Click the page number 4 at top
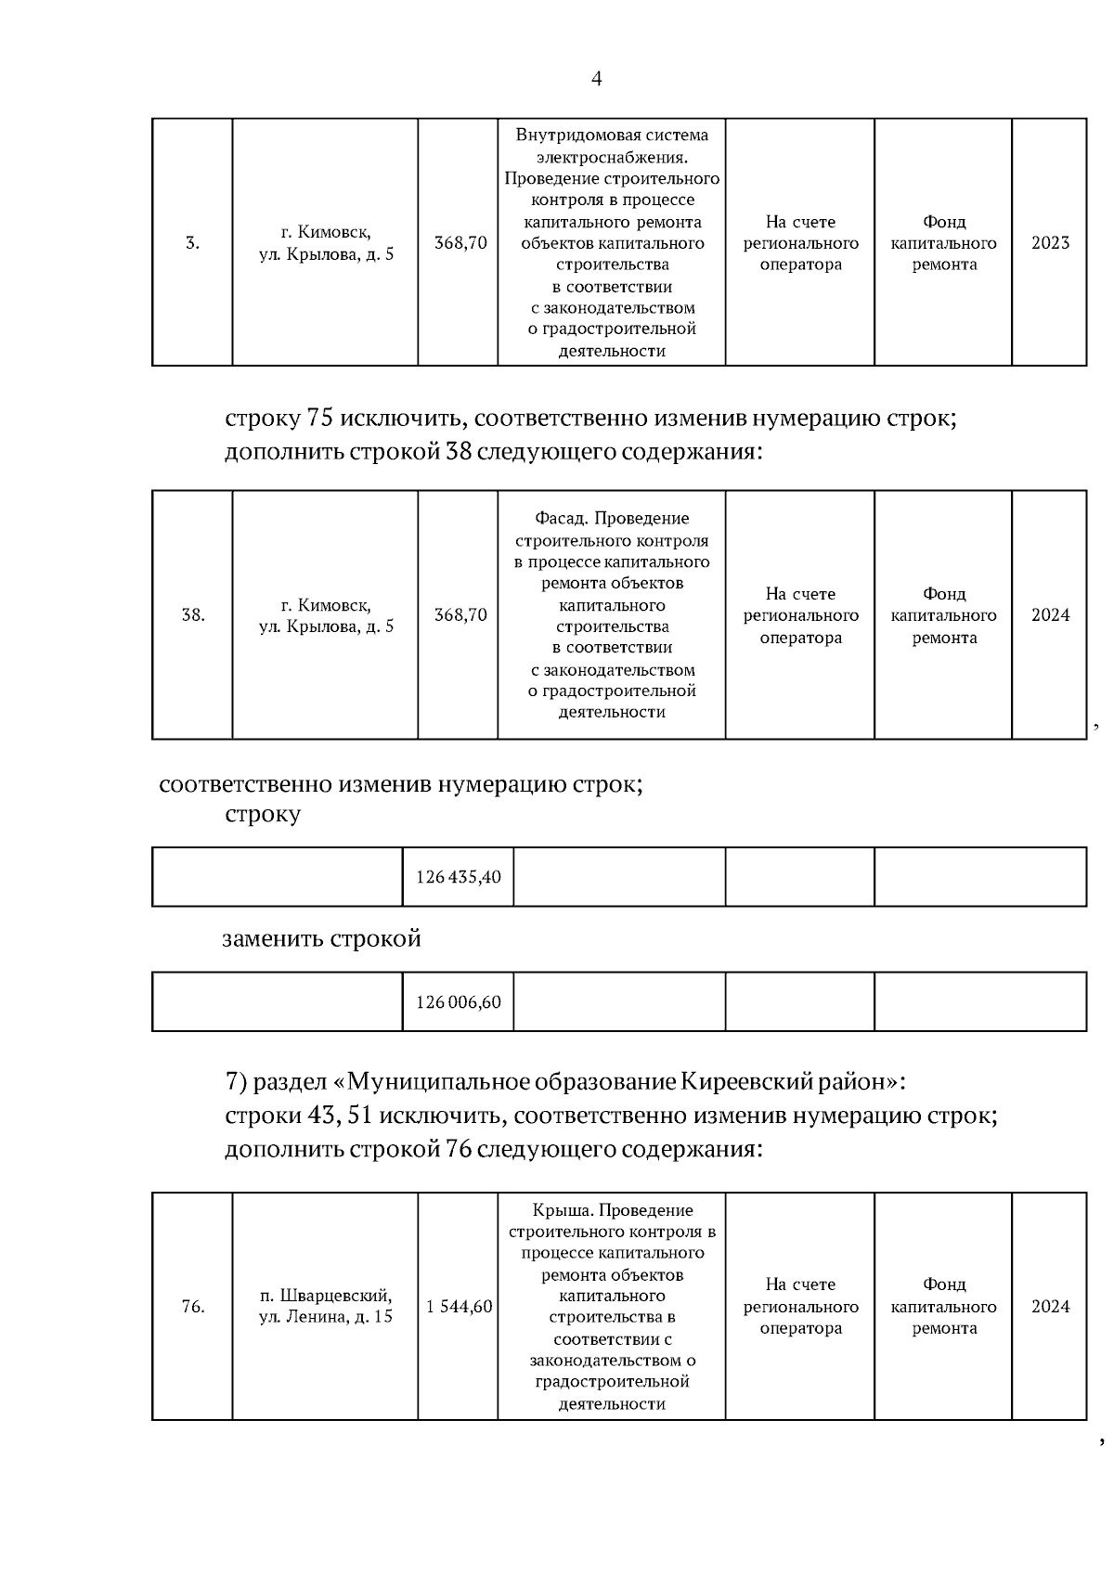596,79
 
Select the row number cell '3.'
192,243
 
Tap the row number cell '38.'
192,615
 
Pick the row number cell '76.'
192,1307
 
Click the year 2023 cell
1050,243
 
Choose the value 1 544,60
460,1307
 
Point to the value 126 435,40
459,877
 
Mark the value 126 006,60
459,1002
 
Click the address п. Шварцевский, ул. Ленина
325,1307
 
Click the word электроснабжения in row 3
611,157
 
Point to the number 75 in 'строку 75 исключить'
319,419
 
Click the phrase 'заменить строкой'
321,939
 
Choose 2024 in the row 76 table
1050,1307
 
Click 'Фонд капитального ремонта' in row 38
943,615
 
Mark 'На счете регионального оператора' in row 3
800,243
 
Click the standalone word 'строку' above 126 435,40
263,815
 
